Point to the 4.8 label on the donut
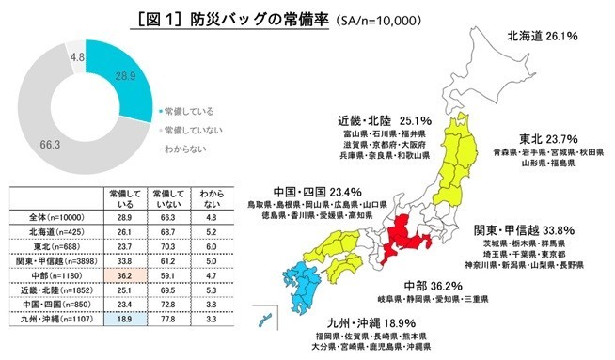tap(78, 56)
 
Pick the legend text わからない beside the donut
tap(187, 149)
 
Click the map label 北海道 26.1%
tap(542, 36)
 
